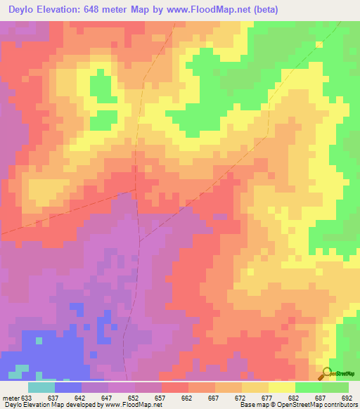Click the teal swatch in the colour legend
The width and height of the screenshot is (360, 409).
pos(41,387)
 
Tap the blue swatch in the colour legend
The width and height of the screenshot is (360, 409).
pos(68,387)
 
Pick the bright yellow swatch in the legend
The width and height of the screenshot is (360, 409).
pos(282,387)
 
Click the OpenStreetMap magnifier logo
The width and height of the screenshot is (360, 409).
pos(326,373)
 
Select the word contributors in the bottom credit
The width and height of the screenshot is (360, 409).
pos(337,405)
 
